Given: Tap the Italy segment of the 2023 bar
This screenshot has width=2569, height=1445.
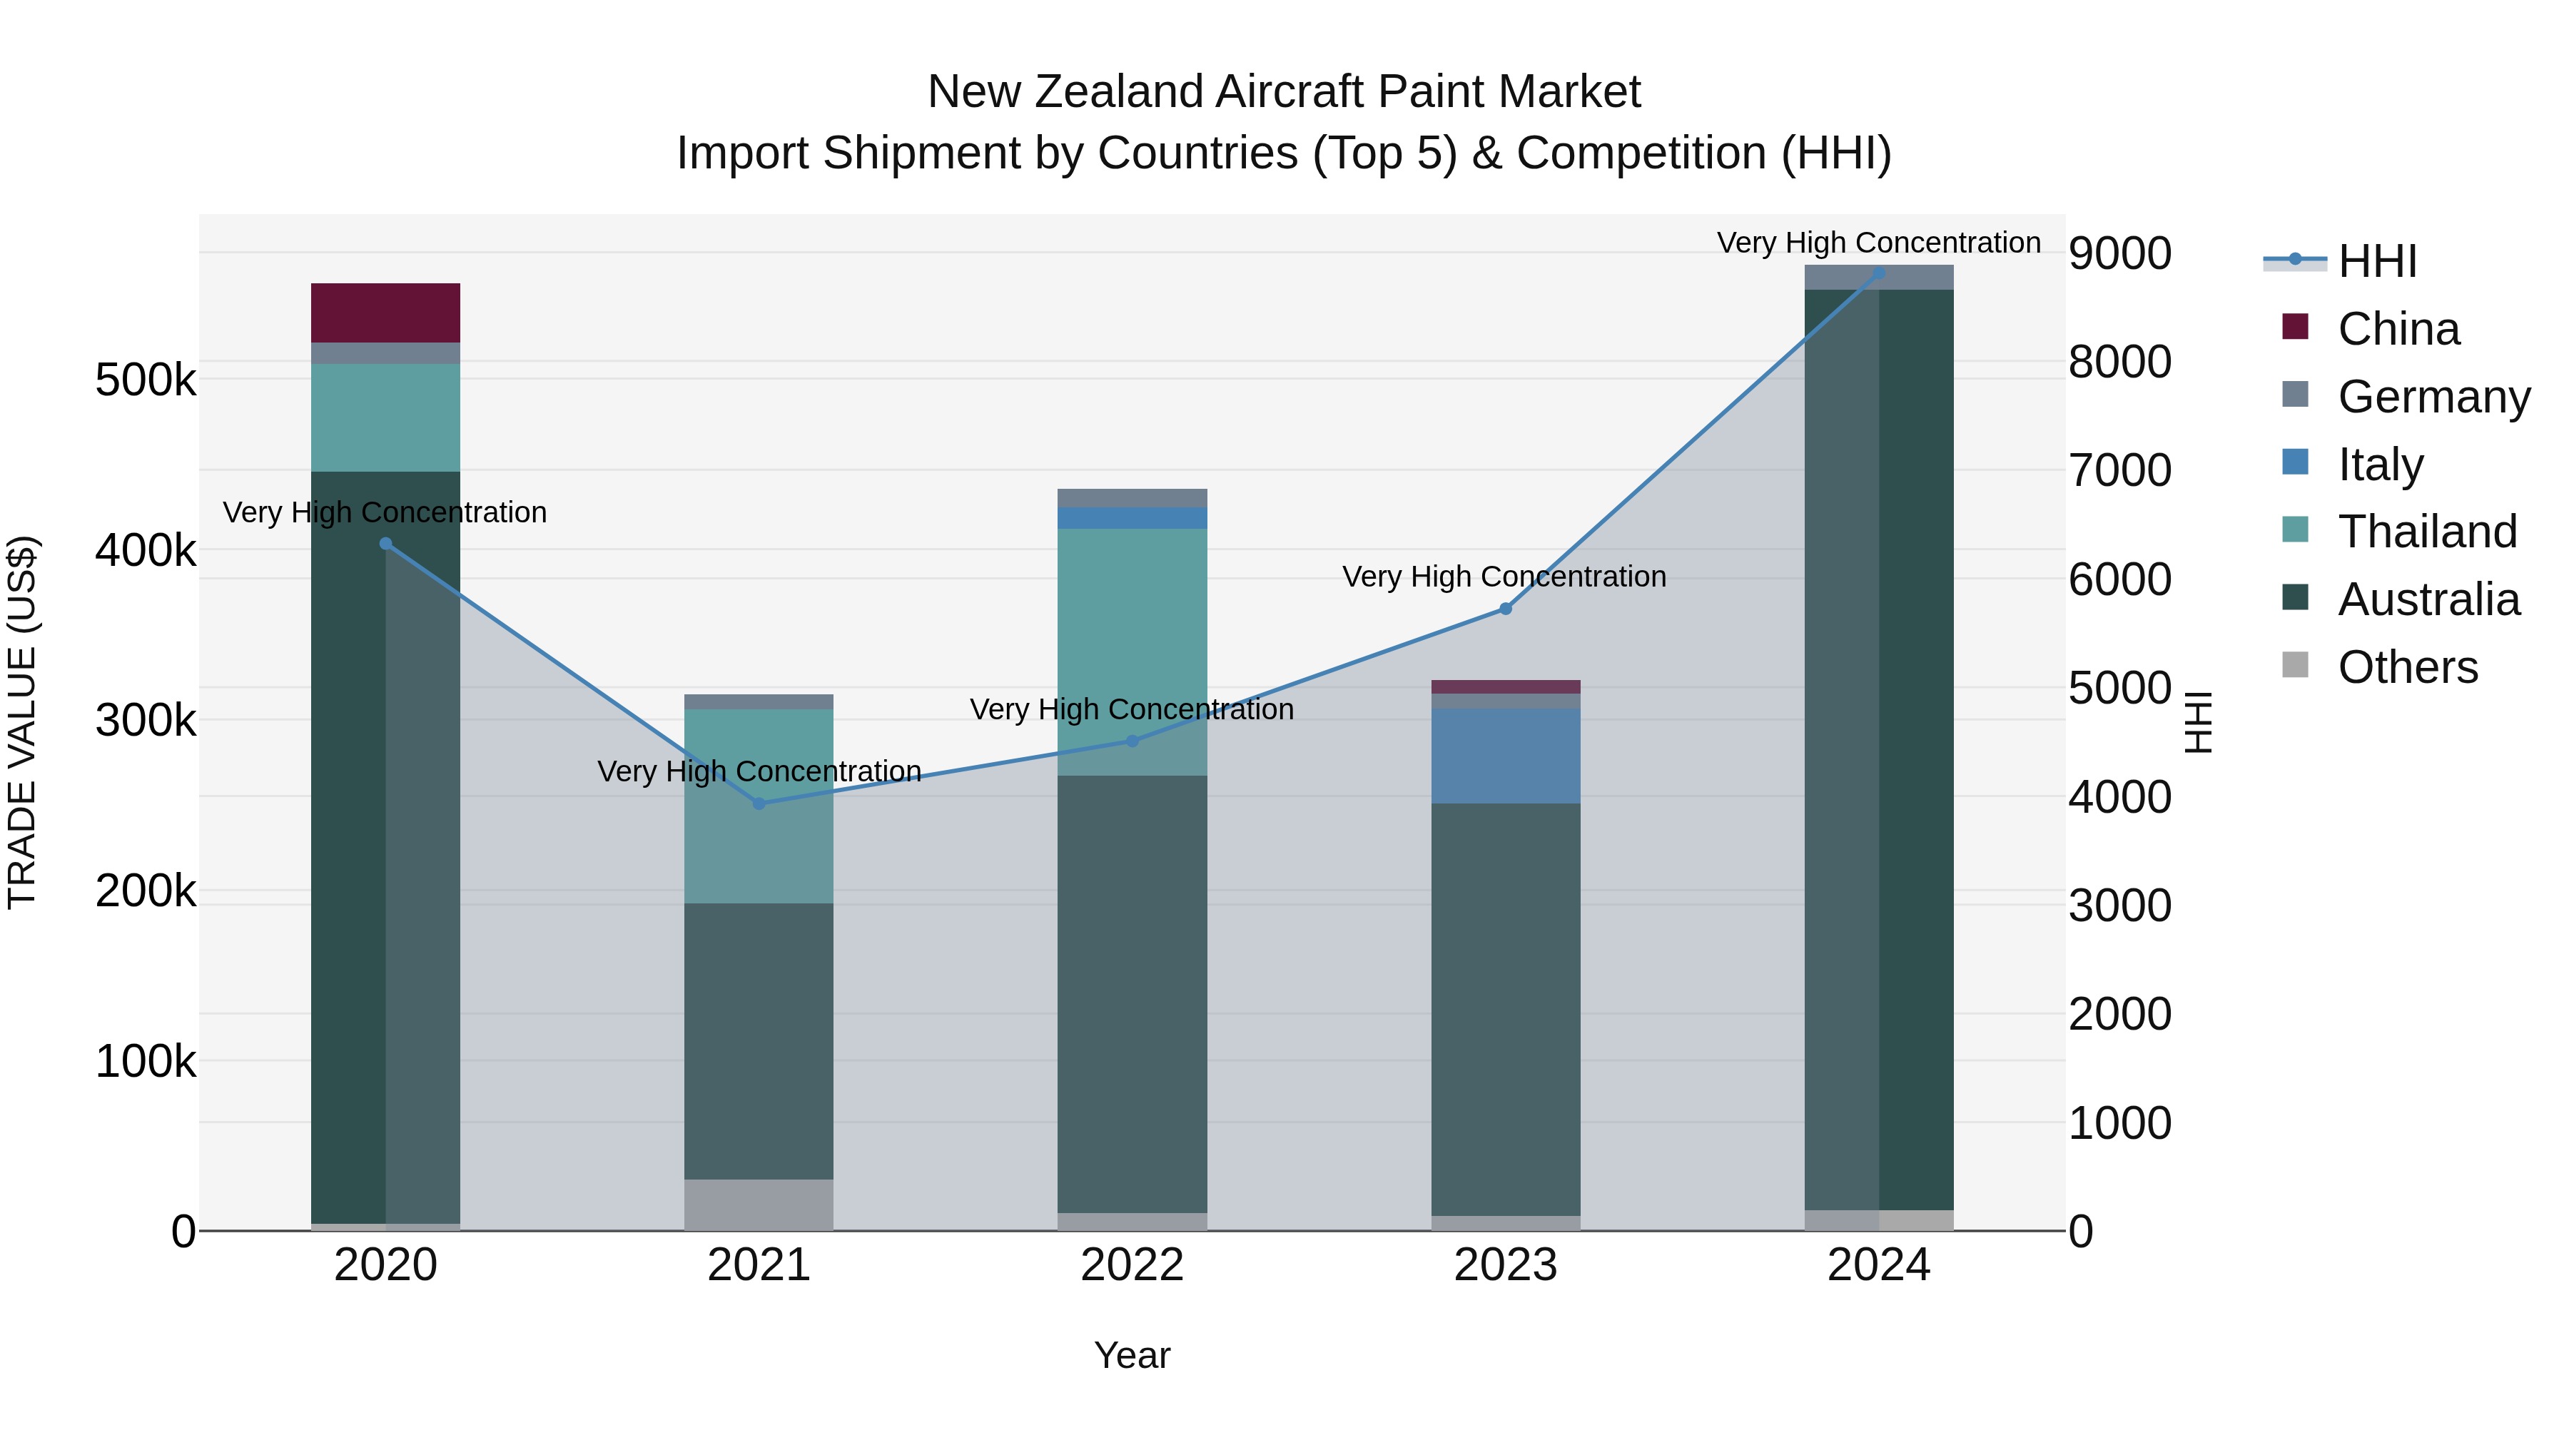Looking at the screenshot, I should (1505, 755).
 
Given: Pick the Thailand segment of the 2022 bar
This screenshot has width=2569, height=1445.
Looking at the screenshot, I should (1132, 651).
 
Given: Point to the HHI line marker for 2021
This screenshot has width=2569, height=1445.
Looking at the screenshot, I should (759, 803).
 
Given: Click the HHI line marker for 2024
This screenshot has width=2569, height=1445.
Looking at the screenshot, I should (1878, 273).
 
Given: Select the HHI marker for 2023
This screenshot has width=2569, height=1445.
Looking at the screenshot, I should (1506, 608).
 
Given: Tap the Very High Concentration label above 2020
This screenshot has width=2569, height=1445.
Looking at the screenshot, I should (385, 512).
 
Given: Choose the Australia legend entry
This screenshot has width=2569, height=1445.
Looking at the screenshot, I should (2428, 599).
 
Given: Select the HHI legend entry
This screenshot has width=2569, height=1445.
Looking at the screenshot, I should (2376, 261).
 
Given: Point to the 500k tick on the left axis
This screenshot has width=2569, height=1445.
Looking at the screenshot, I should (146, 380).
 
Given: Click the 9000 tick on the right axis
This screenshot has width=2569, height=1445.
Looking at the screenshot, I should (2119, 253).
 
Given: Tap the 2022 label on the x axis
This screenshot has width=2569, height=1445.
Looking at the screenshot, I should (1132, 1264).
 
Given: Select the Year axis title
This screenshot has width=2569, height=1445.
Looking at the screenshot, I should (1132, 1355).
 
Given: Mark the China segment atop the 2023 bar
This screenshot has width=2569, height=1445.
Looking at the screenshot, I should (1505, 686).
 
